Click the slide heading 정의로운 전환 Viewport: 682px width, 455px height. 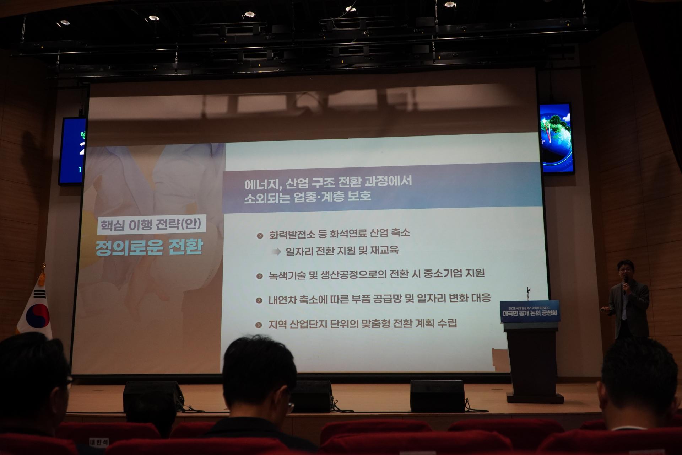click(x=149, y=247)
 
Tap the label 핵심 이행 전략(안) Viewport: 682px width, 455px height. click(x=151, y=225)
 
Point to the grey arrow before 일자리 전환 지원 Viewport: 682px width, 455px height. click(x=276, y=252)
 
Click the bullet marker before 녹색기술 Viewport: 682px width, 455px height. click(x=260, y=276)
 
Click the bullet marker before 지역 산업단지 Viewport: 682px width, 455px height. click(x=259, y=325)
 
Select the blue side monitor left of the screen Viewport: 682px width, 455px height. click(x=72, y=151)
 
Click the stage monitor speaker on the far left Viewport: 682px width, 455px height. click(x=153, y=396)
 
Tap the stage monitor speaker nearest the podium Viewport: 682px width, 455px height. click(x=437, y=396)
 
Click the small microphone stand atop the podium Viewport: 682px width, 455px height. click(x=528, y=293)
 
